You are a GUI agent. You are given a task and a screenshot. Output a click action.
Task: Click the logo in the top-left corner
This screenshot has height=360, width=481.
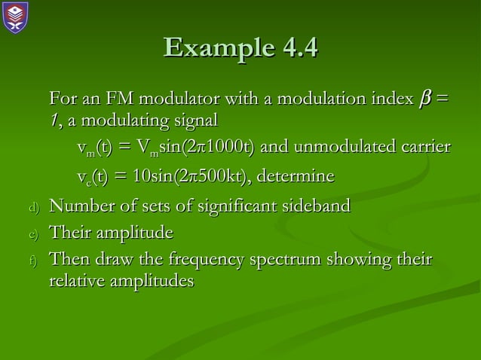16,17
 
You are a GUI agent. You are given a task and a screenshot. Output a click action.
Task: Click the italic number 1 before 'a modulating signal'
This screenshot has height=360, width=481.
54,120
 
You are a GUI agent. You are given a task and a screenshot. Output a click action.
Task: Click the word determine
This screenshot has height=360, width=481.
296,177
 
